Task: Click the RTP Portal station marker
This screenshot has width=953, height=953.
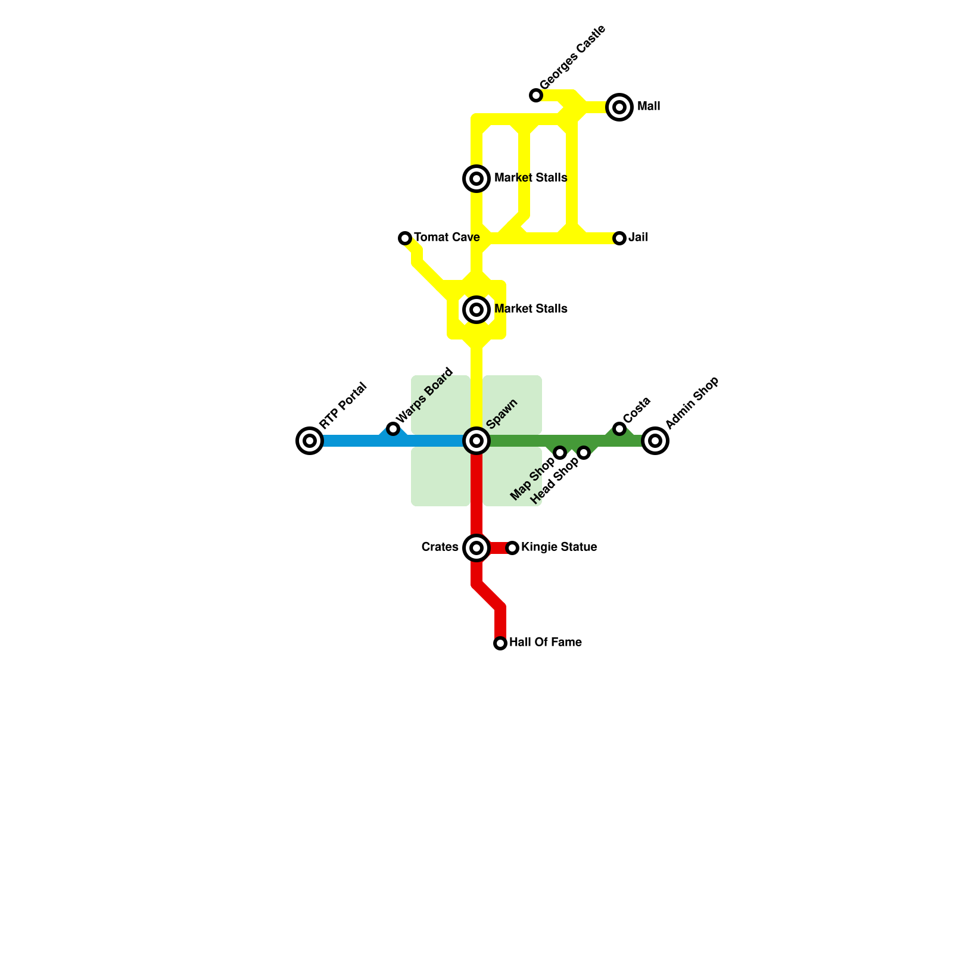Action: [x=310, y=441]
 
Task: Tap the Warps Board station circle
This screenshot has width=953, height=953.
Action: [x=393, y=429]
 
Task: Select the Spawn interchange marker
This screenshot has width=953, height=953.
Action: [x=476, y=441]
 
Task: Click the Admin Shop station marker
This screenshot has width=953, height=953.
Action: [x=655, y=441]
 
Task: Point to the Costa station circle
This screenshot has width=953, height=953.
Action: [x=619, y=429]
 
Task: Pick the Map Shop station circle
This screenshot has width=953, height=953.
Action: [x=560, y=453]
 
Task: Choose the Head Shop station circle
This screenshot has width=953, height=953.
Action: [x=584, y=453]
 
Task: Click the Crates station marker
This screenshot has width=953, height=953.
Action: [x=476, y=548]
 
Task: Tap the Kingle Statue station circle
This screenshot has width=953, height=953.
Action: [x=512, y=548]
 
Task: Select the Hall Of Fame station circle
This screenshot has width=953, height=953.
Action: [x=500, y=643]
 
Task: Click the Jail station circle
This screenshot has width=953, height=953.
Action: [x=619, y=238]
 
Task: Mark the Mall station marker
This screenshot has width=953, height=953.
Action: [x=619, y=107]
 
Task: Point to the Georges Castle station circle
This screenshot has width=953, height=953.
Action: [x=536, y=95]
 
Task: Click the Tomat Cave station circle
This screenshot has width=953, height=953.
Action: [x=405, y=238]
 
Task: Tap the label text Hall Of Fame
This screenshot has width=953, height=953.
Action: [x=545, y=643]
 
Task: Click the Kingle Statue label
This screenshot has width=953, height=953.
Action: [x=559, y=547]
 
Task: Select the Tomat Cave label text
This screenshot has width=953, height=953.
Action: [x=447, y=238]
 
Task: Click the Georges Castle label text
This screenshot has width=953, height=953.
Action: [x=572, y=58]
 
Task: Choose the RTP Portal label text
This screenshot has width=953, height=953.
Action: [x=342, y=406]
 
